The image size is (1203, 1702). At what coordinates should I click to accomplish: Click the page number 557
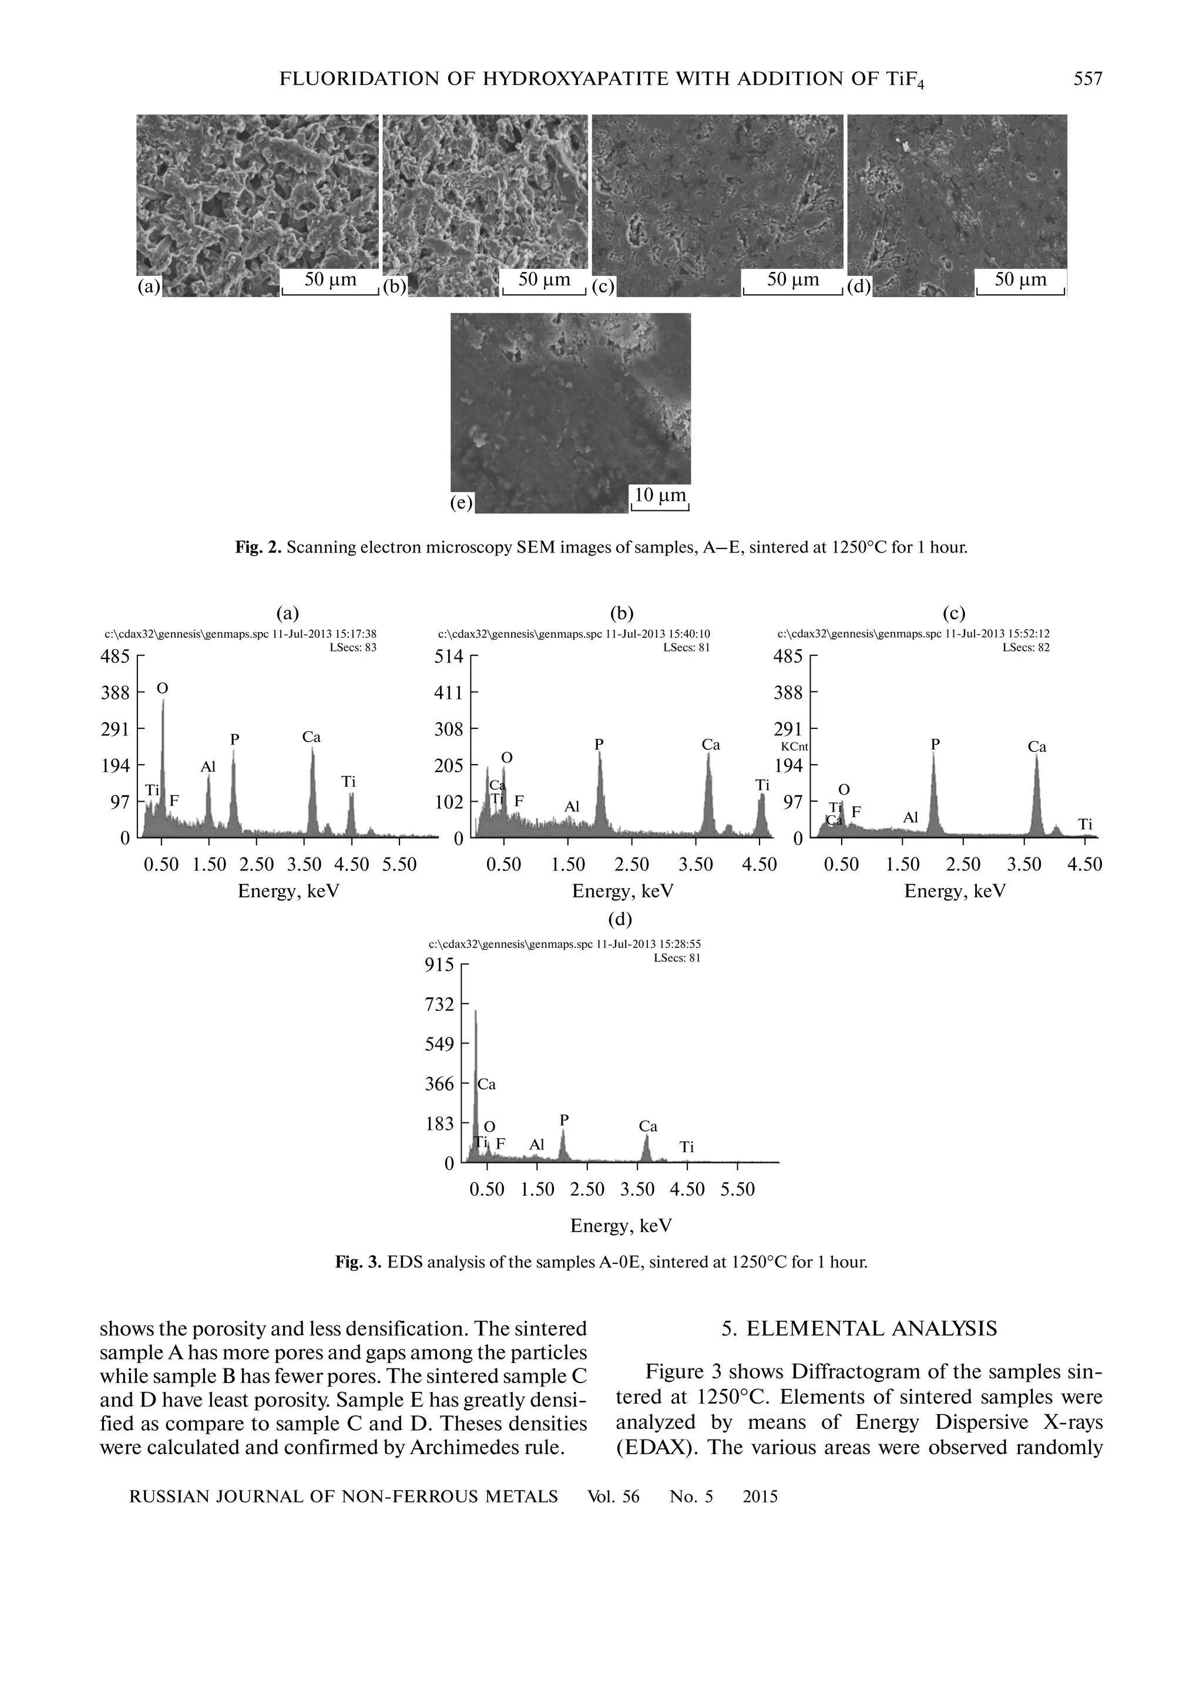[x=1087, y=79]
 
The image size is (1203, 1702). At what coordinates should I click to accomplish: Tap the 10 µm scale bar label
[x=660, y=495]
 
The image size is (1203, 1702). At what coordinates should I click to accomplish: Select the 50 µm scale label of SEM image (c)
[x=792, y=280]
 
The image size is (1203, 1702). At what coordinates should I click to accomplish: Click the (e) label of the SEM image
[x=461, y=503]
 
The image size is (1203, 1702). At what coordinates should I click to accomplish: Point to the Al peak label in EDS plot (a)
[x=209, y=767]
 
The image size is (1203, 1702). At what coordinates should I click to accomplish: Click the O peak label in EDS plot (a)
[x=162, y=689]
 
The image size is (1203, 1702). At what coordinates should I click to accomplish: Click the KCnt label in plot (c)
[x=794, y=747]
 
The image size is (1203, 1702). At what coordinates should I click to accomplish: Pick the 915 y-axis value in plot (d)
[x=439, y=965]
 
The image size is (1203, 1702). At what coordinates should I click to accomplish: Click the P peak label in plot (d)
[x=564, y=1119]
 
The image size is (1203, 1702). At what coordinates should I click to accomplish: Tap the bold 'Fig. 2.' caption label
[x=258, y=548]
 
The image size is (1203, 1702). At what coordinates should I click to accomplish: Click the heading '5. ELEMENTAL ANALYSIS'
[x=860, y=1328]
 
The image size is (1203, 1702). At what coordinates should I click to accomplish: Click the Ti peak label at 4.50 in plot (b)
[x=762, y=784]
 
